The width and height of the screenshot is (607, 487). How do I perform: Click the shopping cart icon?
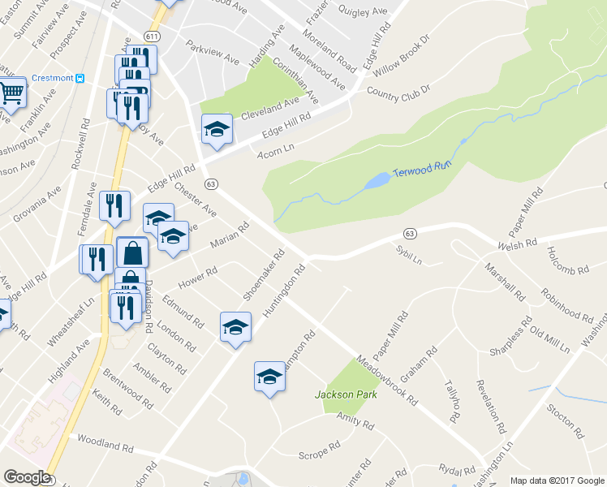click(x=11, y=92)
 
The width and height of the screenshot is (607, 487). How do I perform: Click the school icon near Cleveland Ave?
click(x=216, y=129)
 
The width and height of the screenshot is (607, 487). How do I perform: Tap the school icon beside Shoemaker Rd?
click(x=235, y=326)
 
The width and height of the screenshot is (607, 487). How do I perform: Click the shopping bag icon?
click(x=132, y=252)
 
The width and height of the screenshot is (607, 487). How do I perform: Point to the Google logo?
click(x=27, y=477)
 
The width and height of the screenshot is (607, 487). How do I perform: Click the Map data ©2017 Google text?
click(x=557, y=481)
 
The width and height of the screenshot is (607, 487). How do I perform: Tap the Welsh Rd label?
click(x=519, y=242)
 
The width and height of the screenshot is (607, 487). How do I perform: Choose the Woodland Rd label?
click(x=105, y=443)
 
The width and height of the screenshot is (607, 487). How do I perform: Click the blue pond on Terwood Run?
click(x=376, y=181)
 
